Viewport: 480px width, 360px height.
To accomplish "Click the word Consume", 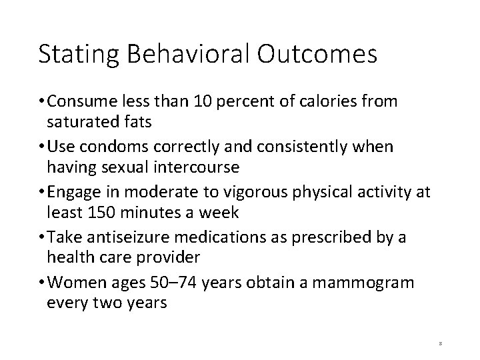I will pyautogui.click(x=81, y=101).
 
